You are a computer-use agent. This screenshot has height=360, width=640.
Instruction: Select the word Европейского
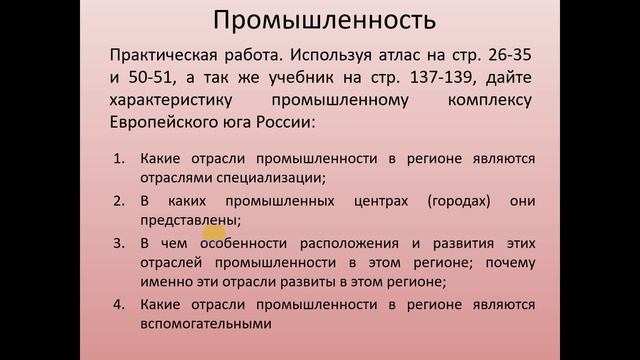point(165,126)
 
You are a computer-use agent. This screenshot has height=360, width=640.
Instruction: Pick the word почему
point(511,262)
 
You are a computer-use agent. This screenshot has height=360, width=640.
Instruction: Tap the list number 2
point(117,201)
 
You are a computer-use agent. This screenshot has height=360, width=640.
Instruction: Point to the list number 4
point(117,303)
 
